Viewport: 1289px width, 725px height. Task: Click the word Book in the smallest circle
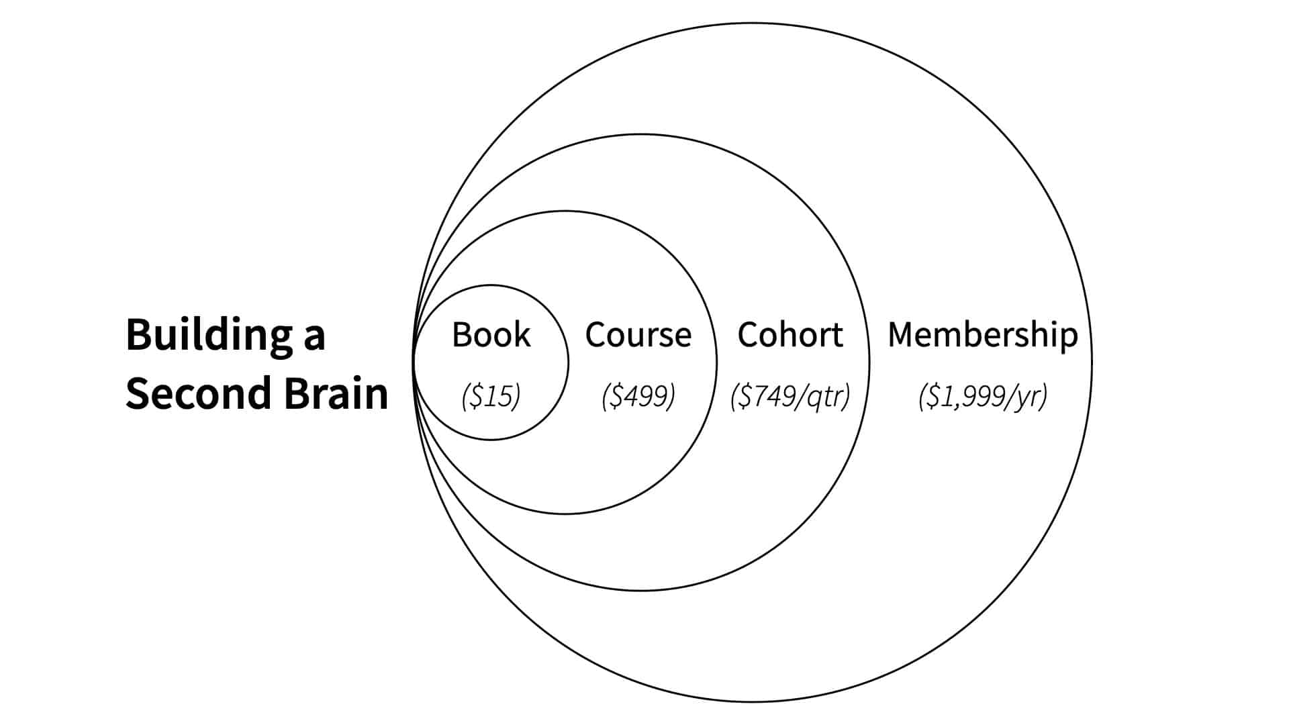pyautogui.click(x=491, y=334)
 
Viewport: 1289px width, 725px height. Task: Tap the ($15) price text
pyautogui.click(x=491, y=396)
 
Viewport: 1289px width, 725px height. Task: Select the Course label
pyautogui.click(x=638, y=334)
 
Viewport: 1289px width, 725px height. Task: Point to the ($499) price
pyautogui.click(x=638, y=396)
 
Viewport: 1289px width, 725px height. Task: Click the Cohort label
pyautogui.click(x=790, y=334)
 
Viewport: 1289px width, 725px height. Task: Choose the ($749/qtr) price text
pyautogui.click(x=790, y=396)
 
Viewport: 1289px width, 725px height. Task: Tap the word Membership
pyautogui.click(x=982, y=334)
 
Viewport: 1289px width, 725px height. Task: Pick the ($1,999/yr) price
pyautogui.click(x=982, y=396)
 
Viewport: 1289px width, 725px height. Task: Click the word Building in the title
pyautogui.click(x=209, y=334)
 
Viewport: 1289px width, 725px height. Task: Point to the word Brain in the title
pyautogui.click(x=336, y=393)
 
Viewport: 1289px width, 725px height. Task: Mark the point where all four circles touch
pyautogui.click(x=414, y=362)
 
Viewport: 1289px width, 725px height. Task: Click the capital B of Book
pyautogui.click(x=461, y=334)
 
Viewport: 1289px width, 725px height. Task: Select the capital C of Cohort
pyautogui.click(x=749, y=334)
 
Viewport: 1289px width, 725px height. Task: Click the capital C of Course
pyautogui.click(x=596, y=334)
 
